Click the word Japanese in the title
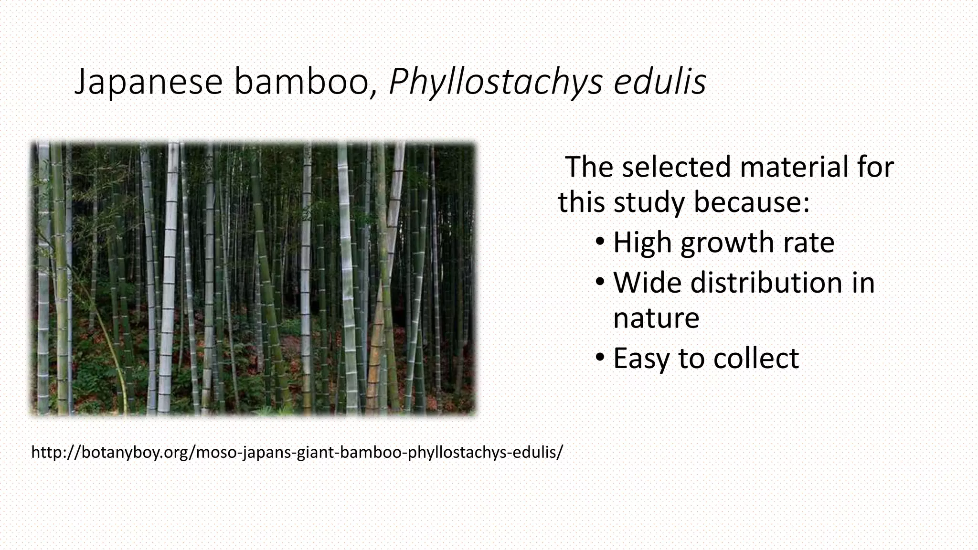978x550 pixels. [x=149, y=82]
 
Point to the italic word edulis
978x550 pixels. [x=659, y=82]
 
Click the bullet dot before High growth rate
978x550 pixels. [x=600, y=241]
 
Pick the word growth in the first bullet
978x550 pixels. [x=728, y=243]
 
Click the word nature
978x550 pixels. [x=656, y=318]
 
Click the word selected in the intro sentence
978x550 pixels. [x=676, y=167]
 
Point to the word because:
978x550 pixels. [x=752, y=202]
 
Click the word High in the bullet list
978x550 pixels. [x=642, y=243]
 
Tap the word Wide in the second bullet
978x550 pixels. [x=648, y=283]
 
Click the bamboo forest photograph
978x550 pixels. [x=253, y=278]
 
